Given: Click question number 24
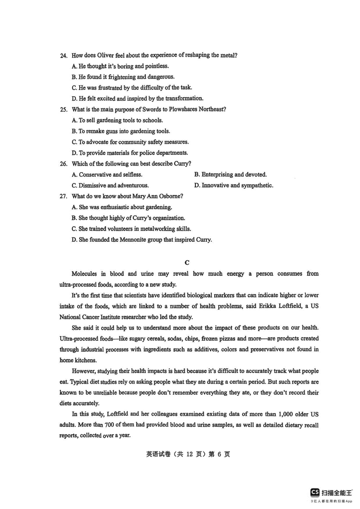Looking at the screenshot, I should [x=63, y=55].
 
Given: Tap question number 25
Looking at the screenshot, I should [x=63, y=109].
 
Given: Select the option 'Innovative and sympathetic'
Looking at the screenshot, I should [x=237, y=185].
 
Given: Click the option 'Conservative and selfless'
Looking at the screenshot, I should [x=110, y=174].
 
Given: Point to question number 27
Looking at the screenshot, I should [x=63, y=196].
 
